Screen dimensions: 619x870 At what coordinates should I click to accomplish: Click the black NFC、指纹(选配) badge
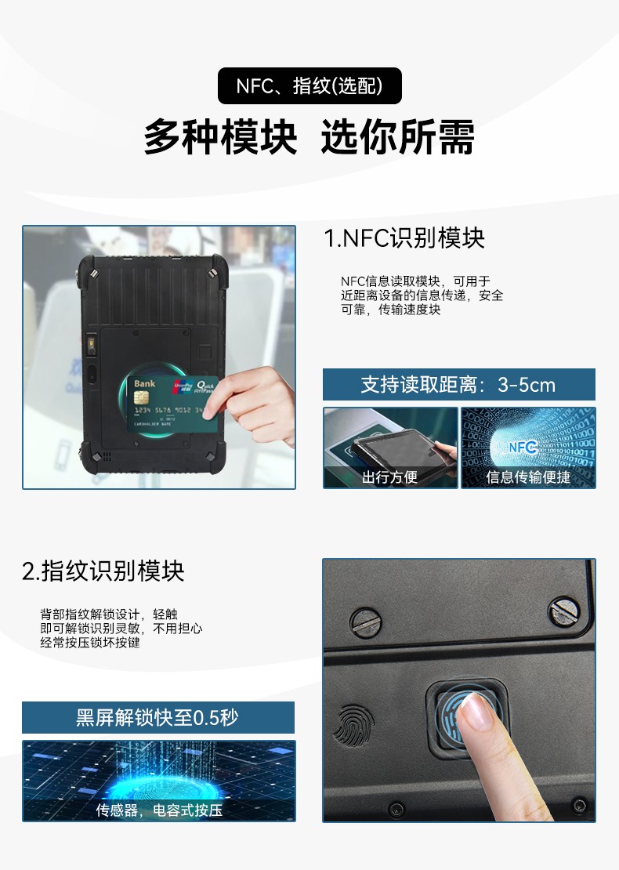pyautogui.click(x=309, y=85)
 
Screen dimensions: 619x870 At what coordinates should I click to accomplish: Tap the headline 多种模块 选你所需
pyautogui.click(x=309, y=136)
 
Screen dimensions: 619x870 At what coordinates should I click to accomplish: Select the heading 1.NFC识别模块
pyautogui.click(x=404, y=238)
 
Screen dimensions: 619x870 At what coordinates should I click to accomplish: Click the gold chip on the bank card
pyautogui.click(x=142, y=398)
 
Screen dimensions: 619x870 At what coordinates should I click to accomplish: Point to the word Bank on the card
pyautogui.click(x=144, y=383)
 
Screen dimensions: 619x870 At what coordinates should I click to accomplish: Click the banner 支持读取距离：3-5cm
pyautogui.click(x=458, y=384)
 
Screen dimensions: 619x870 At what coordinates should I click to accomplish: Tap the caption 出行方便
pyautogui.click(x=390, y=477)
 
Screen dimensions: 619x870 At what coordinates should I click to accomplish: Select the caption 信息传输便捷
pyautogui.click(x=528, y=477)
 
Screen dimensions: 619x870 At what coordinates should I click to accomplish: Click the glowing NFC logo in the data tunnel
pyautogui.click(x=523, y=448)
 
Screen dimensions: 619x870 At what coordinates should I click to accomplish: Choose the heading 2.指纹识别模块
pyautogui.click(x=103, y=571)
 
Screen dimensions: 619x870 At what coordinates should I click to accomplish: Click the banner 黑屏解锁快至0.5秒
pyautogui.click(x=158, y=717)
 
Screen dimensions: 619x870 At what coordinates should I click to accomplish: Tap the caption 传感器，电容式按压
pyautogui.click(x=159, y=810)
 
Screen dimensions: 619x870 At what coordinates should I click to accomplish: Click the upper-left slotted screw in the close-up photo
pyautogui.click(x=366, y=622)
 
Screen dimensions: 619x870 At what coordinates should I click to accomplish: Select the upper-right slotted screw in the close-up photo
pyautogui.click(x=564, y=611)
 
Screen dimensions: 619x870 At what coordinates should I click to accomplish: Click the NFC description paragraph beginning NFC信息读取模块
pyautogui.click(x=422, y=295)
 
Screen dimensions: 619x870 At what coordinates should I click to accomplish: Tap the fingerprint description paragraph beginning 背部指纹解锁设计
pyautogui.click(x=121, y=628)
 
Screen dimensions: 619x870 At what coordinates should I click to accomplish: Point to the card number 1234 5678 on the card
pyautogui.click(x=153, y=410)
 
